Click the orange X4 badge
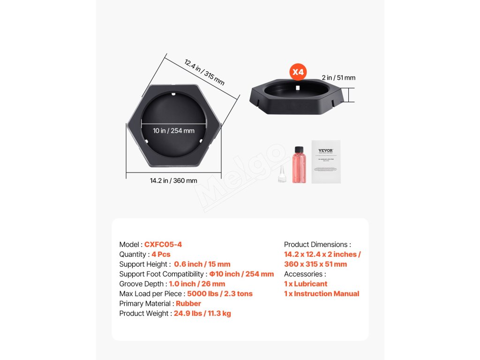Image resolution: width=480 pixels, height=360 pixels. click(x=298, y=72)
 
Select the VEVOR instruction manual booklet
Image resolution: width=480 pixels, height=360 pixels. click(x=326, y=162)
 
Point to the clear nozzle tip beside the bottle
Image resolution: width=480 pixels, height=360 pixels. click(x=282, y=174)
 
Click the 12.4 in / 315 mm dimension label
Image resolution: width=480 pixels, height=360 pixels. click(x=204, y=72)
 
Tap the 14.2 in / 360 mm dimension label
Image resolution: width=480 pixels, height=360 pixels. click(x=173, y=180)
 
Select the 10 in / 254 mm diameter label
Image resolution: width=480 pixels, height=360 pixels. click(x=173, y=131)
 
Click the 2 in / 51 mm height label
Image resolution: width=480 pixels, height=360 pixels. click(x=338, y=78)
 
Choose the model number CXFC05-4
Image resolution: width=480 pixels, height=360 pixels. click(x=163, y=245)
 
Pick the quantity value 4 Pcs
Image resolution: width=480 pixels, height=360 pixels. click(x=161, y=255)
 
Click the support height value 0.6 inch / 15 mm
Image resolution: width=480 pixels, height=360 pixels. click(x=202, y=264)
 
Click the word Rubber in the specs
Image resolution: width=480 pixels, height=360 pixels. click(x=188, y=304)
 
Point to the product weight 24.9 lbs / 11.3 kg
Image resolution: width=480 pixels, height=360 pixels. click(x=202, y=314)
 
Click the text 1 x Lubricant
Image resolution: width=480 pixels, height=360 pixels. click(x=306, y=284)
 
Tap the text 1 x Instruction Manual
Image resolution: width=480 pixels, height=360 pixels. click(x=322, y=294)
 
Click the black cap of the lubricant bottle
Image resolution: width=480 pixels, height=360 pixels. click(x=298, y=150)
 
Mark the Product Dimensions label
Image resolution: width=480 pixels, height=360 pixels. click(x=317, y=245)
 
